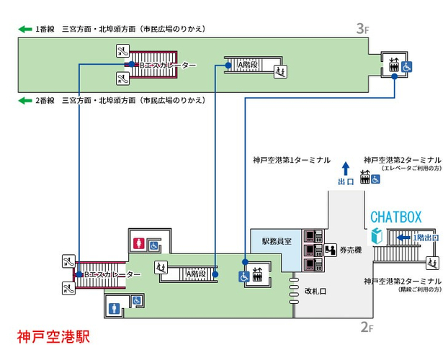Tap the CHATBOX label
(395, 216)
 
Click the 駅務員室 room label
(277, 242)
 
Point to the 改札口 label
(316, 291)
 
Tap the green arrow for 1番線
(24, 29)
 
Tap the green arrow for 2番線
(24, 100)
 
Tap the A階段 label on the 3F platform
(248, 65)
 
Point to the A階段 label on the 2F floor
(195, 274)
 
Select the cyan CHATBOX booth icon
(375, 236)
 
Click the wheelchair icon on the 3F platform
(407, 66)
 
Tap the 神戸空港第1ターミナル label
(291, 159)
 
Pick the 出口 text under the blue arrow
(346, 181)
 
